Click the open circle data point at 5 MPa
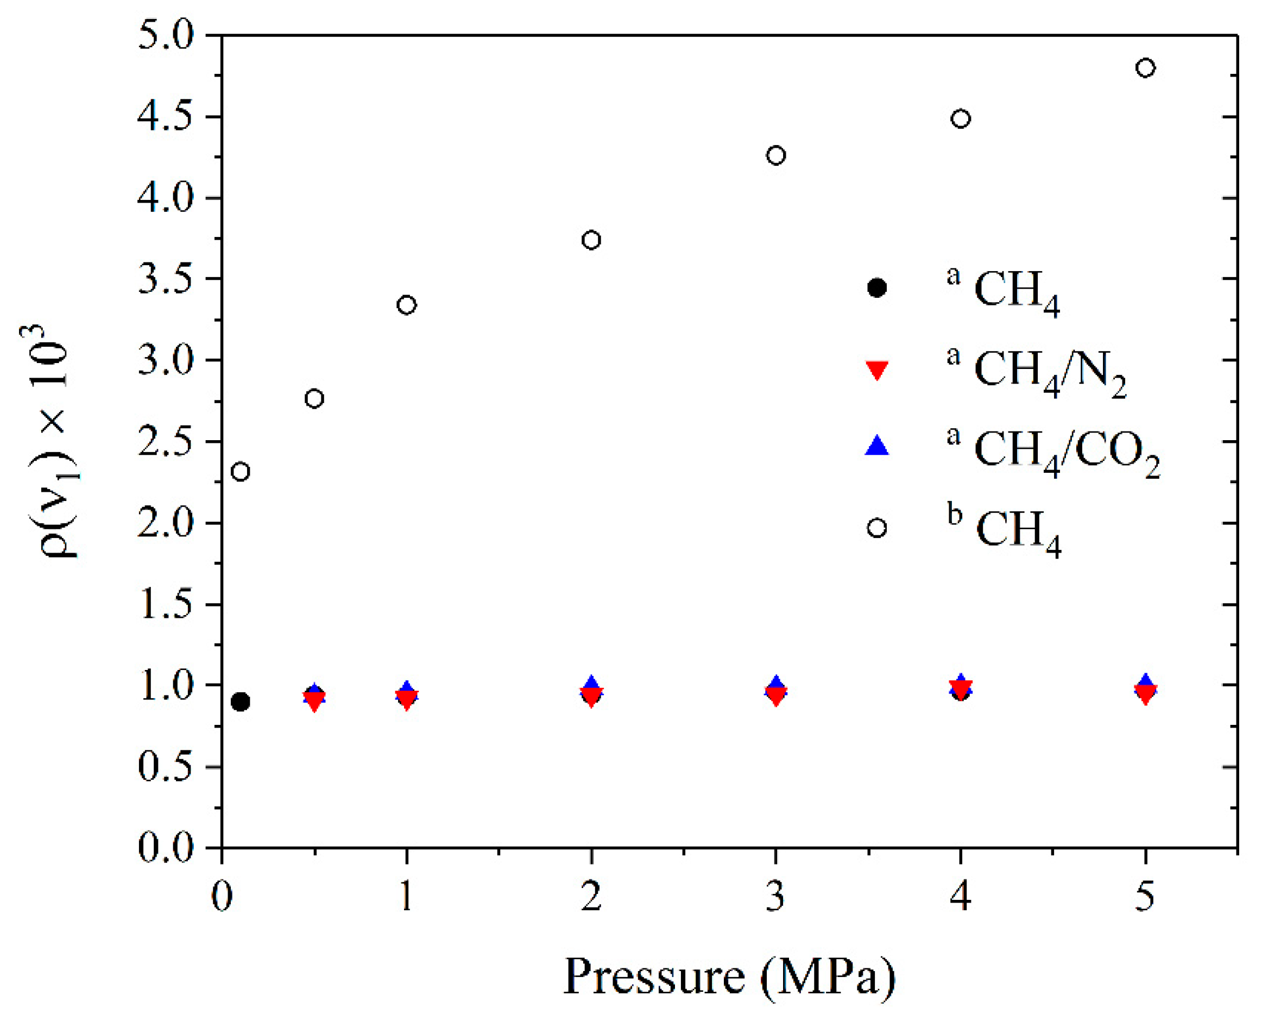coord(1145,68)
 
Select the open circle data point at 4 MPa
coord(961,119)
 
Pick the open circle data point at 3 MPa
coord(775,156)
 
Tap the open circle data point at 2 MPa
coord(591,240)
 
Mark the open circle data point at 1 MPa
coord(407,305)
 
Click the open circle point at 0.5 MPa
coord(314,399)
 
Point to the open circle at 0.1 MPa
coord(241,472)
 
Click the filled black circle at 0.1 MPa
coord(241,702)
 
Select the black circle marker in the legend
coord(877,287)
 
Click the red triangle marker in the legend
coord(877,370)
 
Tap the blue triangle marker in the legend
coord(877,446)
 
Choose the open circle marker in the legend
coord(877,528)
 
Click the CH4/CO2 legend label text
coord(1065,451)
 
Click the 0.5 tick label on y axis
coord(165,766)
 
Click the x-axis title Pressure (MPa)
coord(729,977)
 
